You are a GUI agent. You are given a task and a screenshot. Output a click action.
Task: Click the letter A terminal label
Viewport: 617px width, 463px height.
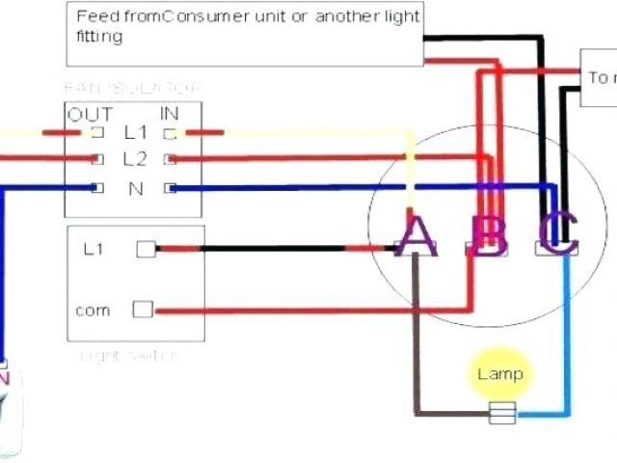pyautogui.click(x=416, y=236)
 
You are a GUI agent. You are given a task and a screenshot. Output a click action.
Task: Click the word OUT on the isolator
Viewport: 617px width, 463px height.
pyautogui.click(x=83, y=115)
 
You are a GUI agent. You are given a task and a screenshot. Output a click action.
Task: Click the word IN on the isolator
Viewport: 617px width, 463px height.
pyautogui.click(x=171, y=115)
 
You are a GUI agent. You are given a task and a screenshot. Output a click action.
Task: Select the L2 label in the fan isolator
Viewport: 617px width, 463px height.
pyautogui.click(x=134, y=158)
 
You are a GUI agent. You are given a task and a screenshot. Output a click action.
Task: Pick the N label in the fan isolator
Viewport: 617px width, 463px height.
pyautogui.click(x=134, y=188)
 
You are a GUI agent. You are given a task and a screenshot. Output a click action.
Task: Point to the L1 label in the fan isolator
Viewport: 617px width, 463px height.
pyautogui.click(x=134, y=132)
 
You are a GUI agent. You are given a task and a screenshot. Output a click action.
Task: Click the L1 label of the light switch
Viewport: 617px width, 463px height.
pyautogui.click(x=94, y=250)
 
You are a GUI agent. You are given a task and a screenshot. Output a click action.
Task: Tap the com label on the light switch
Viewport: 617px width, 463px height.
pyautogui.click(x=93, y=311)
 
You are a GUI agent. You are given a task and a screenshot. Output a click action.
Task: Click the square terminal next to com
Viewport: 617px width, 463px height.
pyautogui.click(x=144, y=311)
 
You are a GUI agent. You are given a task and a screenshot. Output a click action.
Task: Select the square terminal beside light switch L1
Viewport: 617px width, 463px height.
pyautogui.click(x=145, y=250)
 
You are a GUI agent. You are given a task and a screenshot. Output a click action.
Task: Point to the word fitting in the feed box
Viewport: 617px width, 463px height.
pyautogui.click(x=99, y=37)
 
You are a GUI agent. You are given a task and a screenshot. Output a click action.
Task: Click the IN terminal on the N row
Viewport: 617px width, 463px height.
pyautogui.click(x=171, y=188)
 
